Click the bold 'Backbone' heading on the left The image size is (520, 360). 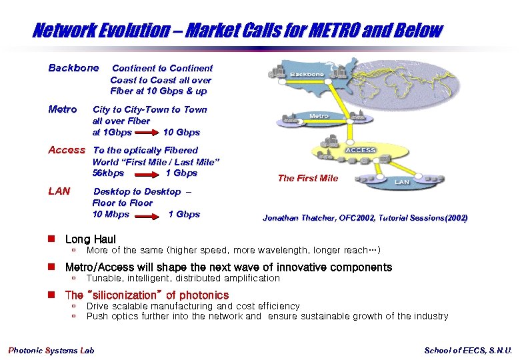[x=73, y=68]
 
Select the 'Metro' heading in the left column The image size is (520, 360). [x=63, y=109]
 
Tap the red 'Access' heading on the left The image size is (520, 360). [x=67, y=150]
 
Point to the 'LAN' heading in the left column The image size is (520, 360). [x=59, y=191]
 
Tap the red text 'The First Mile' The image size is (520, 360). [x=308, y=178]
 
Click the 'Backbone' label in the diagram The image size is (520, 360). [x=307, y=74]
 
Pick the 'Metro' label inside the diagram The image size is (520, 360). [x=319, y=116]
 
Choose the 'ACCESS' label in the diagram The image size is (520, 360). [x=361, y=151]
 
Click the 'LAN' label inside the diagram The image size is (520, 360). [x=402, y=181]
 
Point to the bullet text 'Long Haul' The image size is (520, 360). [x=90, y=239]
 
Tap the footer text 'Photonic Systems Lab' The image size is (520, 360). [x=51, y=351]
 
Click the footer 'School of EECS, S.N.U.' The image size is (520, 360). [x=468, y=351]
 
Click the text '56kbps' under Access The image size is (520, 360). [x=108, y=173]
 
